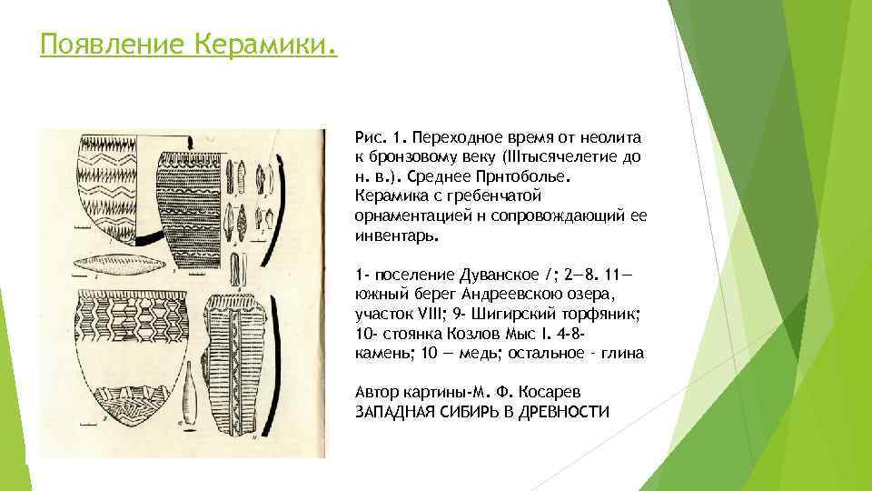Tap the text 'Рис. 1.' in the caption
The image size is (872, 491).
pos(381,136)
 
